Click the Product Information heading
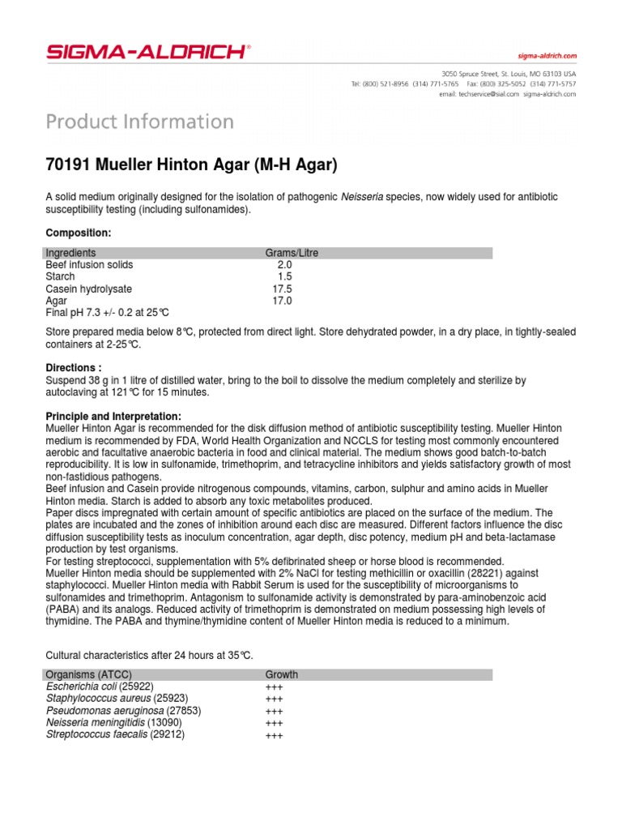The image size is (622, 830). click(140, 122)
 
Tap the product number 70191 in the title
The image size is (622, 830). click(68, 165)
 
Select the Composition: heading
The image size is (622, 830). click(78, 233)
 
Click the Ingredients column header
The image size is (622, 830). click(70, 253)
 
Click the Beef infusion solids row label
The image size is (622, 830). click(89, 265)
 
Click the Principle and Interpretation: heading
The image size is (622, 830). click(113, 416)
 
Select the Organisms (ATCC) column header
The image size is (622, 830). click(88, 674)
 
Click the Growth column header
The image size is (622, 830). click(281, 674)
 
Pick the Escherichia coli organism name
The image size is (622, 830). click(82, 687)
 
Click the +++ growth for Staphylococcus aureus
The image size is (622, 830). click(274, 700)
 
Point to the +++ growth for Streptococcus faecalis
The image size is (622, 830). click(274, 736)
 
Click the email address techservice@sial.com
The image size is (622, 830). click(489, 94)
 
